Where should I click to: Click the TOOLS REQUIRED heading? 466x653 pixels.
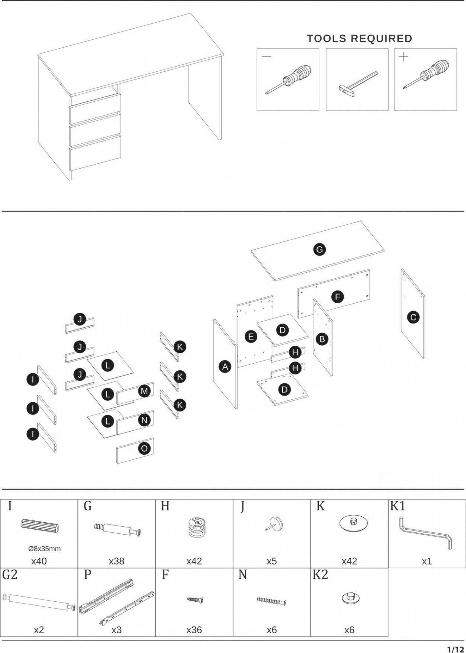(x=359, y=38)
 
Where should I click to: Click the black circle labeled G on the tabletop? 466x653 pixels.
(x=319, y=249)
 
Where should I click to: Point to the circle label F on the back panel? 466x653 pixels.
(x=337, y=297)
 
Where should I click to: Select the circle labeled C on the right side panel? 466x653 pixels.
(x=413, y=317)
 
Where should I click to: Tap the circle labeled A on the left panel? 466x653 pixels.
(x=225, y=367)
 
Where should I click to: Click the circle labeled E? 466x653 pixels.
(x=251, y=337)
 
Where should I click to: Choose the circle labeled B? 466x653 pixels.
(x=322, y=339)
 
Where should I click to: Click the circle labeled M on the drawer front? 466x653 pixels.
(x=144, y=391)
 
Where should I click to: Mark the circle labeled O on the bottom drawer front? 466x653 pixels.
(x=144, y=449)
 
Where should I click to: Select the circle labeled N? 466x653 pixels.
(x=144, y=420)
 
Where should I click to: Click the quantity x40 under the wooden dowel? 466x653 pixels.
(x=39, y=561)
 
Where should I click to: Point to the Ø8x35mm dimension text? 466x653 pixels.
(x=44, y=549)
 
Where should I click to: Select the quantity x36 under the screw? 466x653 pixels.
(x=194, y=630)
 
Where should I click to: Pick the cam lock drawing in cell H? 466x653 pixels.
(x=195, y=527)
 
